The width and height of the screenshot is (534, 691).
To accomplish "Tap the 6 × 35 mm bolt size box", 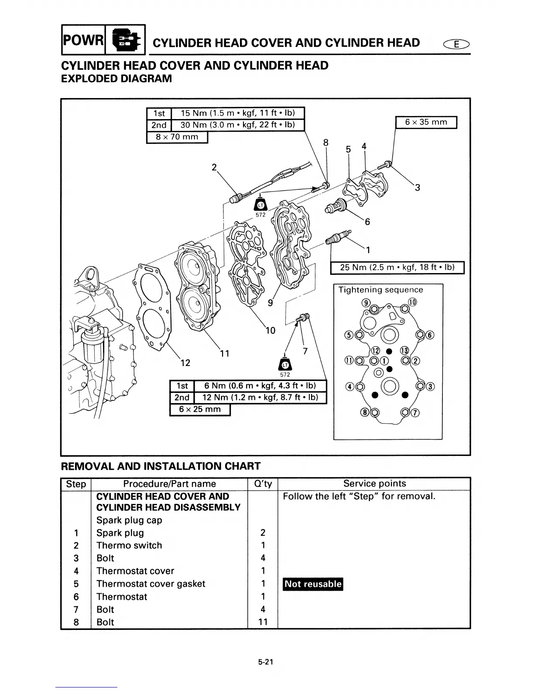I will click(426, 122).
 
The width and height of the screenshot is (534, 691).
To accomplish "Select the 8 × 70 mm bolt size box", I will click(177, 137).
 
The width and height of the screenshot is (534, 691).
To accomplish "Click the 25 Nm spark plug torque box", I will click(397, 267).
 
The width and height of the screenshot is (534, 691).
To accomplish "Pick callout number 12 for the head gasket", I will click(185, 363).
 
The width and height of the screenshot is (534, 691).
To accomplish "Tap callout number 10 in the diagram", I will click(270, 330).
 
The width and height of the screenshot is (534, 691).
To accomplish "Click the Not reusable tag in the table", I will click(313, 584).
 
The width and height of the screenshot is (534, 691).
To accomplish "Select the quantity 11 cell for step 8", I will click(263, 622).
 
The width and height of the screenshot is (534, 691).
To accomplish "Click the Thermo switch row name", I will click(129, 545).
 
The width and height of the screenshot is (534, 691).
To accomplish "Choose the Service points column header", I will click(374, 483).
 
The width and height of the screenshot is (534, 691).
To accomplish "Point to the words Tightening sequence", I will click(380, 290).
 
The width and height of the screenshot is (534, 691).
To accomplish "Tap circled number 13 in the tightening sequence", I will click(404, 351).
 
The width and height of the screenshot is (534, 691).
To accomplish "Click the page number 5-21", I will click(265, 662).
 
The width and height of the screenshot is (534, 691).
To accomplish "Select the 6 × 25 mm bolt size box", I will click(200, 410).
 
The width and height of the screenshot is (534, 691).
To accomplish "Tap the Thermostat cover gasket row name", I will click(151, 584).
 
